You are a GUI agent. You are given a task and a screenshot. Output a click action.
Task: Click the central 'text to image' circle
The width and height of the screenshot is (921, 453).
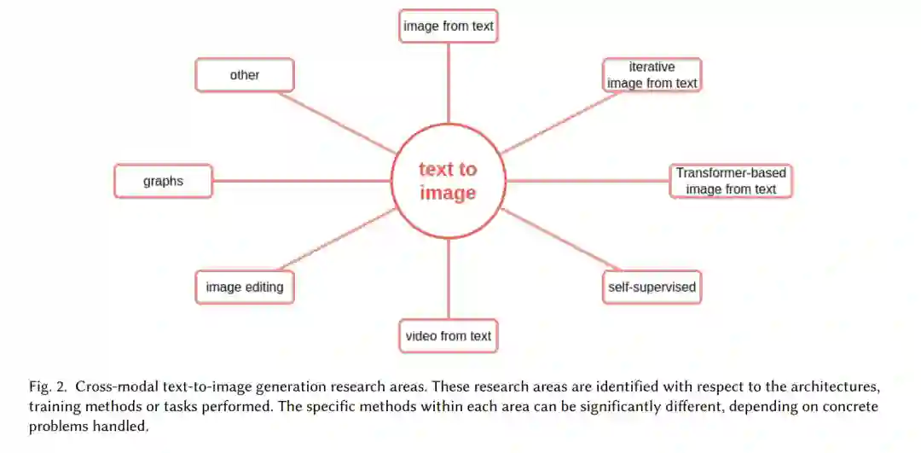pyautogui.click(x=448, y=181)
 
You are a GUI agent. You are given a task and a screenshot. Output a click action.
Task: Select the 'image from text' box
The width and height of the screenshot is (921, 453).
pyautogui.click(x=449, y=26)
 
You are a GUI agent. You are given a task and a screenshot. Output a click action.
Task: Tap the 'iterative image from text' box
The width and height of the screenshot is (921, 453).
pyautogui.click(x=652, y=75)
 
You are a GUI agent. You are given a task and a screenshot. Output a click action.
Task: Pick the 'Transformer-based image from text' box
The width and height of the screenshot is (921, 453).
pyautogui.click(x=731, y=181)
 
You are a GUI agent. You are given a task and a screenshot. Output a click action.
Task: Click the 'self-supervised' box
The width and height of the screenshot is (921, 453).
pyautogui.click(x=652, y=287)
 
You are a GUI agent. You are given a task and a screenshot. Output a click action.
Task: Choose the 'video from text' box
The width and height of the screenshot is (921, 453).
pyautogui.click(x=449, y=335)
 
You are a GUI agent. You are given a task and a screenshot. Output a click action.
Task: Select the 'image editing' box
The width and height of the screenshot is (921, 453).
pyautogui.click(x=245, y=287)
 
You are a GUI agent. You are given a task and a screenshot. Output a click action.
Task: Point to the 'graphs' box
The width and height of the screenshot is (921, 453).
pyautogui.click(x=163, y=181)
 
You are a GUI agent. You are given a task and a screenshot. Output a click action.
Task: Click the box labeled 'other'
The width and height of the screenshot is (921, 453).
pyautogui.click(x=245, y=75)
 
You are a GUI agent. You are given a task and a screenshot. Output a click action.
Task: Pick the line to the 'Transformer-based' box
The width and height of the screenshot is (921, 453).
pyautogui.click(x=588, y=181)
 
